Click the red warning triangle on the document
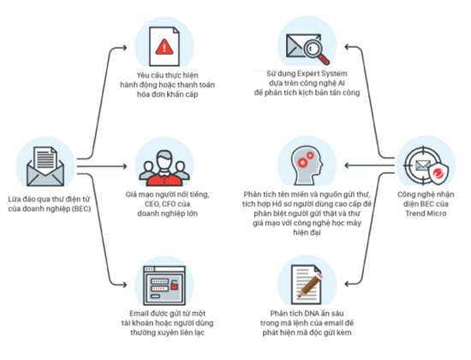point(164,47)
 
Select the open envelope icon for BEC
point(45,166)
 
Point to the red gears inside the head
point(306,159)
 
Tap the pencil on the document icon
point(310,285)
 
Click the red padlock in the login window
point(174,285)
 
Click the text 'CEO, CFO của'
point(167,204)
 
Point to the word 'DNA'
point(312,314)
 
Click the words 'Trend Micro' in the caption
point(426,213)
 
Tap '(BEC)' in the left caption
point(81,209)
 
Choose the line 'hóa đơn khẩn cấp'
point(167,94)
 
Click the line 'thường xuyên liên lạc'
point(167,333)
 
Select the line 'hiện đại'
point(307,233)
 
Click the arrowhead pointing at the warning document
point(124,47)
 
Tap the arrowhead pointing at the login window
point(124,285)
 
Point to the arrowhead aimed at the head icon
point(348,165)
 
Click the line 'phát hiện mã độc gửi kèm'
point(307,333)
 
